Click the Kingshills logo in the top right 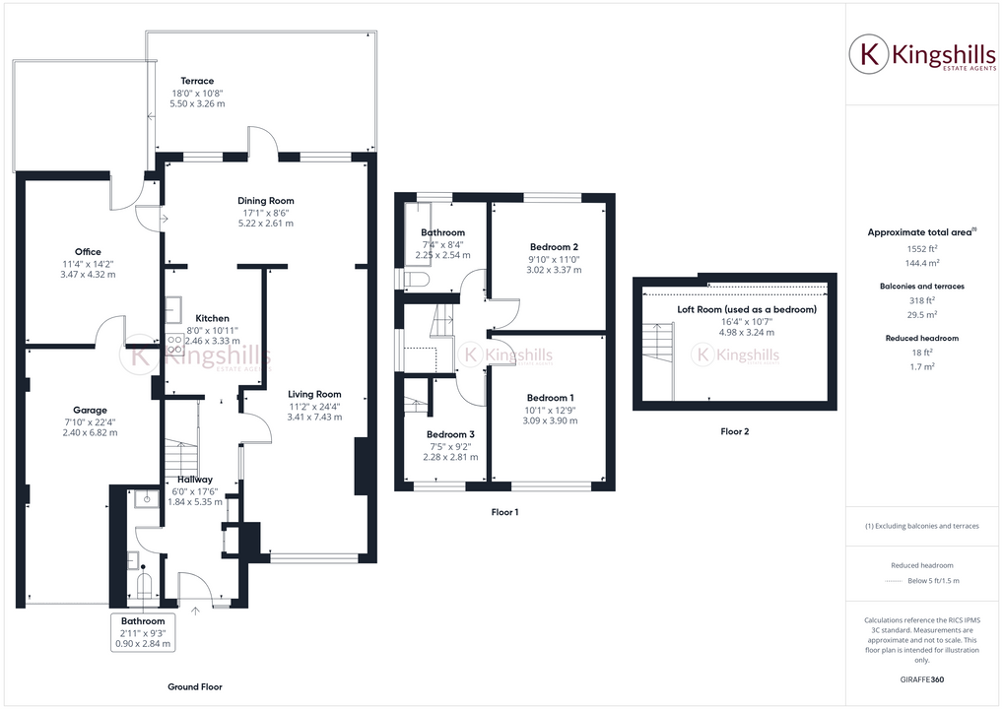point(921,55)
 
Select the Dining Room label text point(266,201)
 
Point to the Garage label point(90,410)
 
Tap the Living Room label point(315,395)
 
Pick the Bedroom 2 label point(554,247)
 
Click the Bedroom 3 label point(450,434)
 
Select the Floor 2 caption point(735,431)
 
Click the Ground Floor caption point(195,686)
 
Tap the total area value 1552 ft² point(920,249)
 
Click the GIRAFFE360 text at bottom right point(923,679)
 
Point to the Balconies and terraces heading point(921,286)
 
